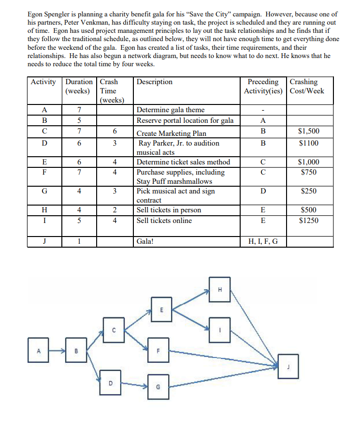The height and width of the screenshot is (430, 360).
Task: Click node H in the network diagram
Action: click(x=220, y=289)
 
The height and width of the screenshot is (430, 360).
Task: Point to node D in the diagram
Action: click(x=111, y=381)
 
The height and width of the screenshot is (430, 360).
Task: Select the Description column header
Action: click(x=155, y=82)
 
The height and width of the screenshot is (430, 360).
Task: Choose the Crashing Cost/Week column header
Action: click(x=308, y=87)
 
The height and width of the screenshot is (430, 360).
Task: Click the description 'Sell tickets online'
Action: click(x=164, y=221)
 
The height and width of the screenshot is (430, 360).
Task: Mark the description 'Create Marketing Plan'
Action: click(x=171, y=133)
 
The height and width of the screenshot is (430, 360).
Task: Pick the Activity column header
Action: click(x=43, y=82)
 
